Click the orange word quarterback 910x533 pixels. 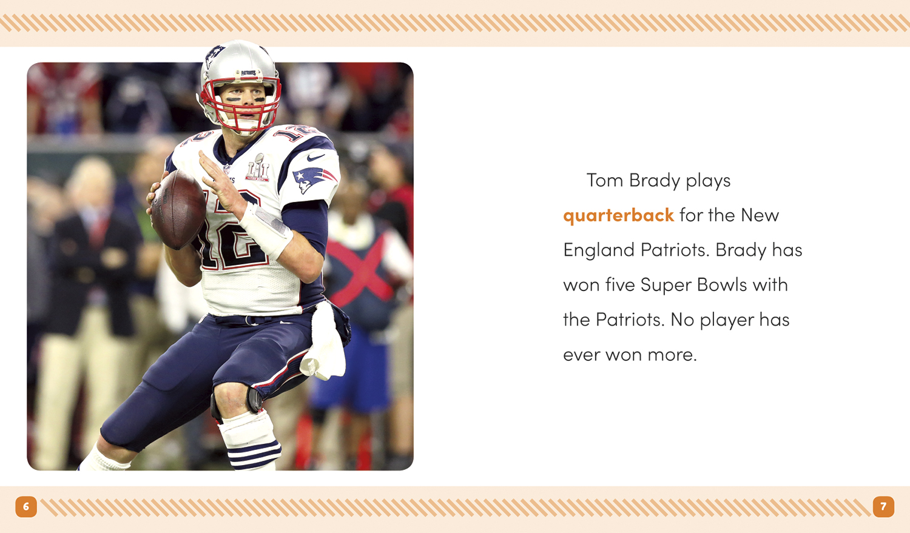[618, 216]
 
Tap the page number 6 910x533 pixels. [26, 506]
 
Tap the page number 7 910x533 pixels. [883, 506]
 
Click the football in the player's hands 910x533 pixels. [178, 209]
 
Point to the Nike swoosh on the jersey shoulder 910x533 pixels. [315, 157]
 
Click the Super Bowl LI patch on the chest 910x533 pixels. [258, 167]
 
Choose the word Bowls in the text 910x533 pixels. [722, 284]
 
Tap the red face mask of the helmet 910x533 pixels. [242, 104]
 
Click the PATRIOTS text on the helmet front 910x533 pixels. [248, 73]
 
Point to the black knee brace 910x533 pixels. [255, 400]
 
